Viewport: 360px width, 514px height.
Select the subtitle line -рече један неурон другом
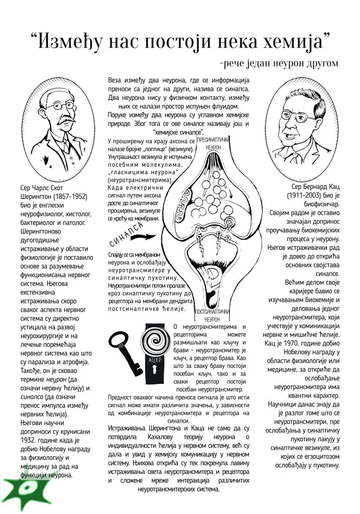point(279,64)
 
